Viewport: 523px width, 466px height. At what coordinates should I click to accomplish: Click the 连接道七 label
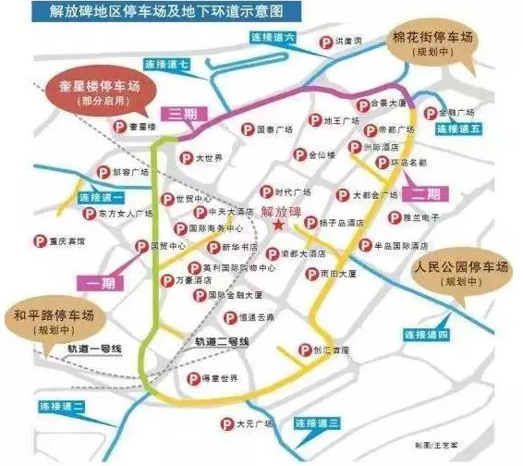click(x=167, y=65)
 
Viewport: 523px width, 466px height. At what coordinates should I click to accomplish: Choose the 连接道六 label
click(x=274, y=39)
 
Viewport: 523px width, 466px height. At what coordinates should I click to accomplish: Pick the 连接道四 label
click(x=424, y=334)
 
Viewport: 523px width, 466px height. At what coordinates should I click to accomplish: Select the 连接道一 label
click(x=101, y=197)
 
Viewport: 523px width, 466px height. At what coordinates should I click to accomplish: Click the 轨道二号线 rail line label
click(x=223, y=341)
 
